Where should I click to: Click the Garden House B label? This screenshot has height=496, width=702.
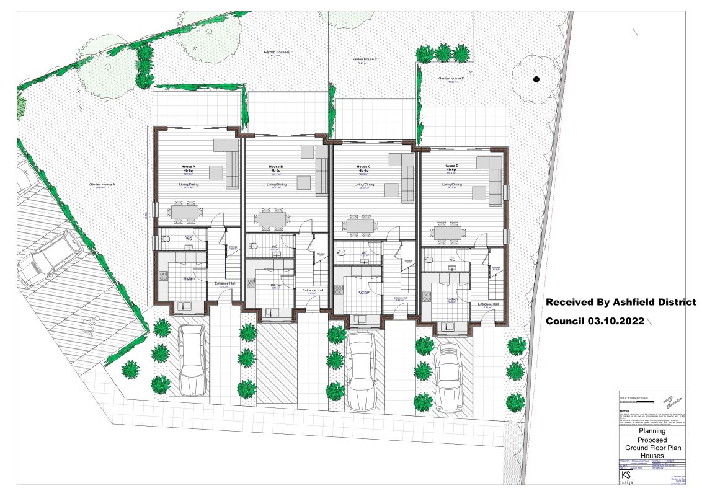[278, 53]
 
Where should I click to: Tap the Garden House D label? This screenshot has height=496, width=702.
[451, 79]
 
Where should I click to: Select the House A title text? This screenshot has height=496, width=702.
[188, 167]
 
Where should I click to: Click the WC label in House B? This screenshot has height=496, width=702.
[274, 247]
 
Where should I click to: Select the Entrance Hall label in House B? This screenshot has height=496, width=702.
[312, 290]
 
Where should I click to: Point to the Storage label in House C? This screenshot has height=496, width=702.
[407, 260]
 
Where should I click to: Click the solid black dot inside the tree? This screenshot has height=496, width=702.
[536, 79]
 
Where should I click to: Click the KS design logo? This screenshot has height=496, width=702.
[626, 476]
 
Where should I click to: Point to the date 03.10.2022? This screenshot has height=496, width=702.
[610, 322]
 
